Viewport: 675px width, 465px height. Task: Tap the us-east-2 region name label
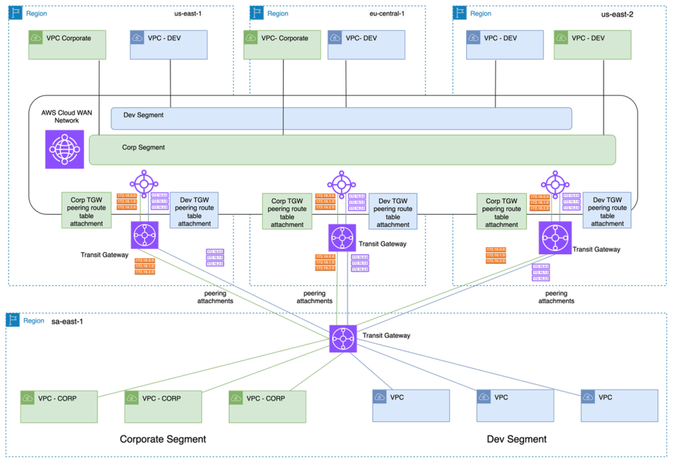click(x=616, y=14)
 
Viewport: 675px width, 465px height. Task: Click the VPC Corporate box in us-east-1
click(x=67, y=44)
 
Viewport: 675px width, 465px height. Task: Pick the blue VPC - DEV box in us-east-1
click(x=168, y=44)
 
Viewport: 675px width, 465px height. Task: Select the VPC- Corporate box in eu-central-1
click(x=282, y=44)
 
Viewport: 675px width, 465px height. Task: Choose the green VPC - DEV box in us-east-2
click(x=592, y=44)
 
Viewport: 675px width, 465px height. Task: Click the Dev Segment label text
click(x=143, y=115)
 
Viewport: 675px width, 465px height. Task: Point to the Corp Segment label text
click(x=143, y=148)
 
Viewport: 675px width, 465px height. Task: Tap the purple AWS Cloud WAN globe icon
click(x=64, y=149)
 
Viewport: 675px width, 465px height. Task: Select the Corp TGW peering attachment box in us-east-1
click(x=86, y=210)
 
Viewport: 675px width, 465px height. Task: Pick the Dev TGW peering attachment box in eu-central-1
click(x=393, y=211)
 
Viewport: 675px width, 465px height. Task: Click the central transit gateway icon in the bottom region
click(x=343, y=339)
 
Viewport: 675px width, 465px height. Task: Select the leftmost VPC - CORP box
click(x=59, y=406)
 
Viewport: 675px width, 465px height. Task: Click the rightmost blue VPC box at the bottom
click(x=619, y=405)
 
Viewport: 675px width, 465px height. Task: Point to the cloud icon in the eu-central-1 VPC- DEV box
click(x=335, y=38)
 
